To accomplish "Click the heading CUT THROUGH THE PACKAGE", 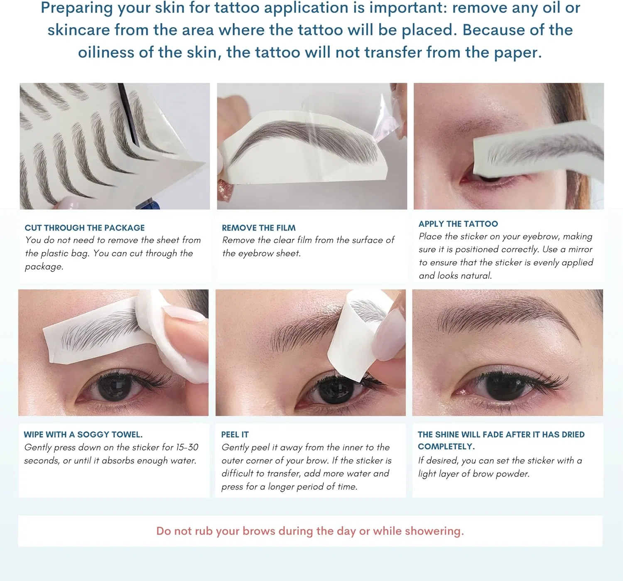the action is (85, 228).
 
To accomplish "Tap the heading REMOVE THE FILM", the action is (258, 228).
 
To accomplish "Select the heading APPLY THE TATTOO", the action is (458, 224).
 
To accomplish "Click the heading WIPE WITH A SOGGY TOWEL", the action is (83, 434).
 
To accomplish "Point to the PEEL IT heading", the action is (235, 434).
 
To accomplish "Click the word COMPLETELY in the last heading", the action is (446, 447).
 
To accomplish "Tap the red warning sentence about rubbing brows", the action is (310, 531).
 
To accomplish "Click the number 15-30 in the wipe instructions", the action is (187, 447).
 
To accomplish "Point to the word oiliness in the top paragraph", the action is (106, 52).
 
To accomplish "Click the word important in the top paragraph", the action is (408, 7).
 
